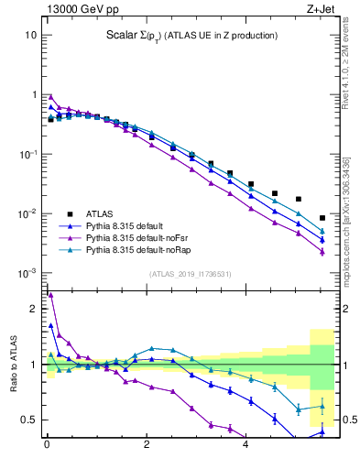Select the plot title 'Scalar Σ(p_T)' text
pos(187,36)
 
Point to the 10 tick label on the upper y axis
pos(30,35)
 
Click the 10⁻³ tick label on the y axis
pos(27,274)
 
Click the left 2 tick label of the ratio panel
pos(32,310)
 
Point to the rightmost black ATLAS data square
pos(322,218)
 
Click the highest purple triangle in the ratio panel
pos(50,295)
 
